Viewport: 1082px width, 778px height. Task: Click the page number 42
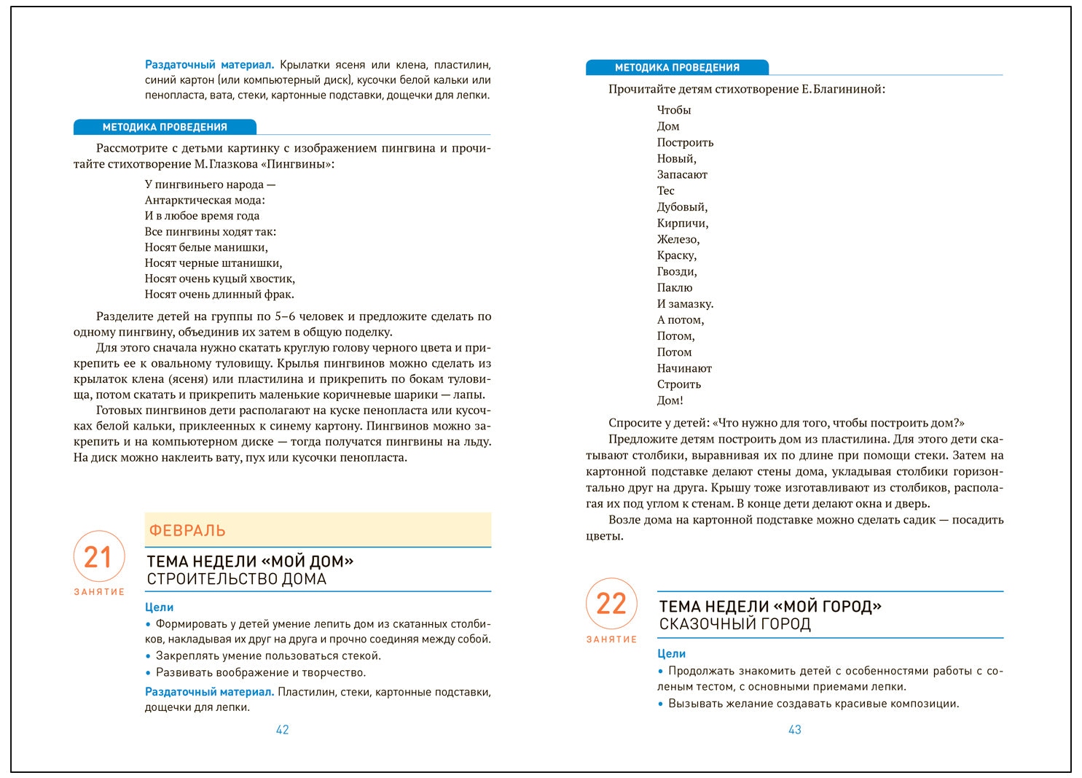282,730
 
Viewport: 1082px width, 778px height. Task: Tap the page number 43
794,730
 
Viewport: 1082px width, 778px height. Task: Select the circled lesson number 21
98,557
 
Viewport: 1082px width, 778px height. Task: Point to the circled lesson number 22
611,604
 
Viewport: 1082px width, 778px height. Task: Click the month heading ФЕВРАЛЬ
187,531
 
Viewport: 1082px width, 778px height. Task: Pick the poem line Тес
666,191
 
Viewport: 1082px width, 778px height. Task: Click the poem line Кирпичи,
682,223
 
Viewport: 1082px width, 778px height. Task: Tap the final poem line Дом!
670,400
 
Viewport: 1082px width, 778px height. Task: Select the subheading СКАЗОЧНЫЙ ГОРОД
734,624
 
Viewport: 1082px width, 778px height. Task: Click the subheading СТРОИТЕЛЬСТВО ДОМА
236,579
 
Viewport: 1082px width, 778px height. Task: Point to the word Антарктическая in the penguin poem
187,200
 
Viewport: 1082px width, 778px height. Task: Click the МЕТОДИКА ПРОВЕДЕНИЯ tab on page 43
677,68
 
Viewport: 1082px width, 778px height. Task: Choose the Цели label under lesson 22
671,654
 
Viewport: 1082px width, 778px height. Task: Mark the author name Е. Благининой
843,89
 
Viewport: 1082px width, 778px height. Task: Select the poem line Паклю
674,287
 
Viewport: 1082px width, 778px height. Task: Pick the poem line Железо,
678,239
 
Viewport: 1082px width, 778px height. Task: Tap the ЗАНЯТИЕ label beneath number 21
99,592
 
